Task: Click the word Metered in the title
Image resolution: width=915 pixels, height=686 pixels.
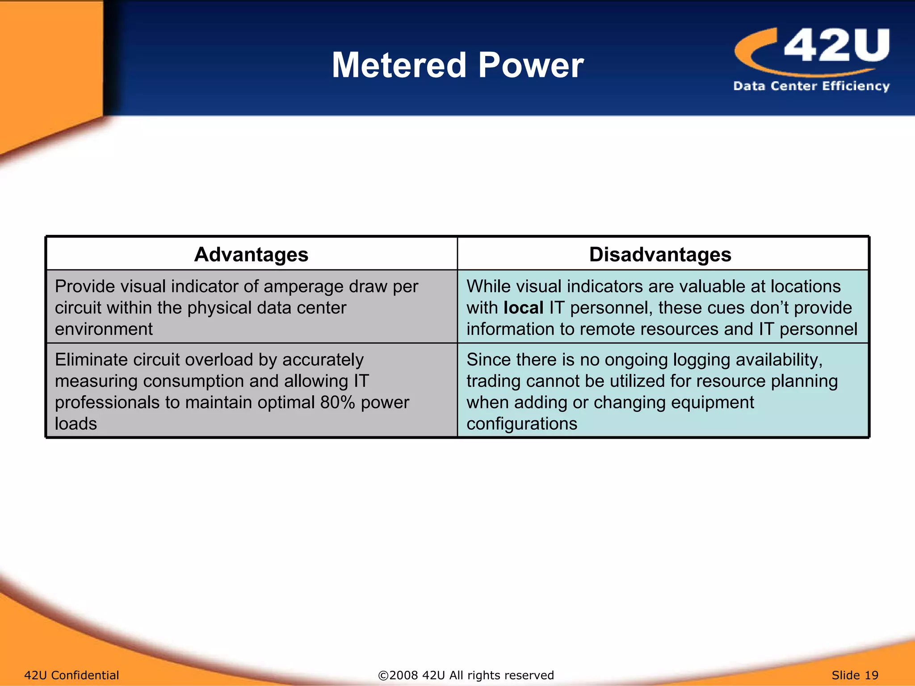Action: [x=399, y=65]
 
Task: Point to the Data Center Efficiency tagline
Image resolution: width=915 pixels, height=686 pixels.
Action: [x=811, y=86]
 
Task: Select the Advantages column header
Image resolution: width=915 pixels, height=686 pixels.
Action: [x=251, y=255]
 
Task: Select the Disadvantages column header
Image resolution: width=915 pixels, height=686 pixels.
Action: [x=660, y=255]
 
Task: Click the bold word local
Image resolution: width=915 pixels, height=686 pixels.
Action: [x=523, y=308]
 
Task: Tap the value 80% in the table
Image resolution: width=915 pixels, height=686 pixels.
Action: [x=337, y=402]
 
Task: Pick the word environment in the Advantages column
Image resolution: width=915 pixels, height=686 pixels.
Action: [x=104, y=329]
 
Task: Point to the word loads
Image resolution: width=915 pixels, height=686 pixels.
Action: [x=76, y=423]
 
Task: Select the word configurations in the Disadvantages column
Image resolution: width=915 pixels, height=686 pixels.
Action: [x=522, y=423]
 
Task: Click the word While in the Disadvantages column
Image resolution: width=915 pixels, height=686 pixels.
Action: [x=490, y=286]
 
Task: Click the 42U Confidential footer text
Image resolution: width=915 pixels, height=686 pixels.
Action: [x=71, y=675]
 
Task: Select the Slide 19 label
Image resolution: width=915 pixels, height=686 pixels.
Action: [x=855, y=675]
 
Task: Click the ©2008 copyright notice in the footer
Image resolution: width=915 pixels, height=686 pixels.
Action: [x=466, y=675]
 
